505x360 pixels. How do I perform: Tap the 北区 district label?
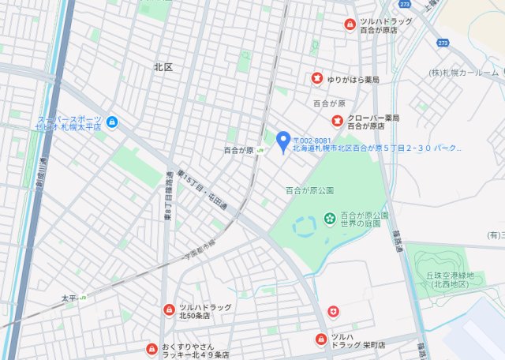163,68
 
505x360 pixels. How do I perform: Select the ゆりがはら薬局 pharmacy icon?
316,79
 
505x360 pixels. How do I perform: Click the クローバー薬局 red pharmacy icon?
337,121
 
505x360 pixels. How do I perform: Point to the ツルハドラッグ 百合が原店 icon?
349,25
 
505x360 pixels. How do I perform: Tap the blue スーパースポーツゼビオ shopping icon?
112,122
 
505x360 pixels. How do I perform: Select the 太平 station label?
70,298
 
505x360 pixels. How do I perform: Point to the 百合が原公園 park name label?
309,190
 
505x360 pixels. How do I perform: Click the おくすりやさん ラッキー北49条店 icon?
151,349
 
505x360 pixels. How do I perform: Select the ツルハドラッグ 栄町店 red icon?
320,340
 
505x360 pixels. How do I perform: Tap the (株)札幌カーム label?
464,73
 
